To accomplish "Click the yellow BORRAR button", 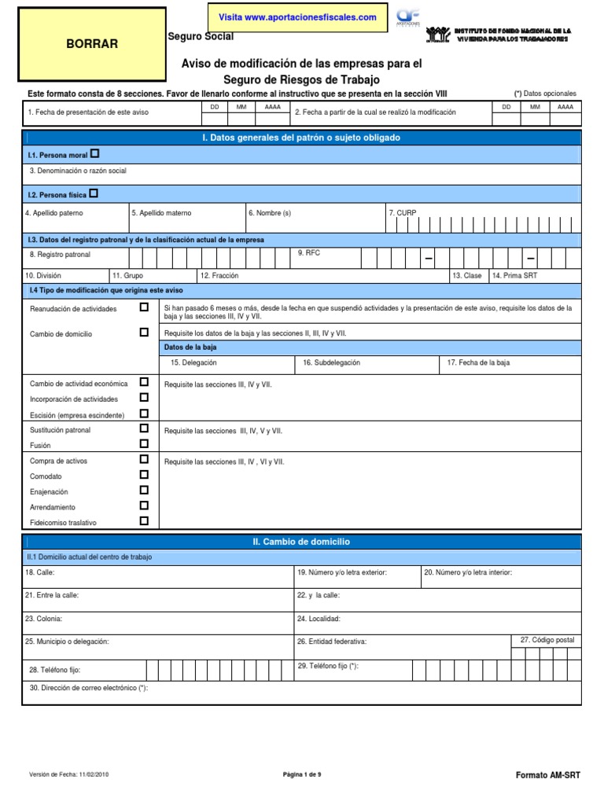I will pyautogui.click(x=92, y=44).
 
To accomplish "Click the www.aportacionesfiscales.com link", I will pyautogui.click(x=297, y=17).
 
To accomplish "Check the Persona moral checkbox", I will pyautogui.click(x=95, y=153).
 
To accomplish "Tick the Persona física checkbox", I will pyautogui.click(x=94, y=193).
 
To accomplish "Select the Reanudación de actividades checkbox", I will pyautogui.click(x=144, y=307).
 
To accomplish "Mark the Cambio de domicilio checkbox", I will pyautogui.click(x=144, y=332).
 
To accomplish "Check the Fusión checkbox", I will pyautogui.click(x=144, y=444).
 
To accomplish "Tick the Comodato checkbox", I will pyautogui.click(x=144, y=475).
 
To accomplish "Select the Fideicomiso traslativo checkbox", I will pyautogui.click(x=144, y=520).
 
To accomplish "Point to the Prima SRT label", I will pyautogui.click(x=515, y=276).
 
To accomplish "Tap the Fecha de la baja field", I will pyautogui.click(x=511, y=363).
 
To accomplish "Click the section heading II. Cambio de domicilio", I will pyautogui.click(x=301, y=542).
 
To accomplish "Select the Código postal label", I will pyautogui.click(x=548, y=641).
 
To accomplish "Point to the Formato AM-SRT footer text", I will pyautogui.click(x=547, y=775).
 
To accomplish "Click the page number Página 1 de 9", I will pyautogui.click(x=302, y=774).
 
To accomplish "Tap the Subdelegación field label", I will pyautogui.click(x=331, y=363).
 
